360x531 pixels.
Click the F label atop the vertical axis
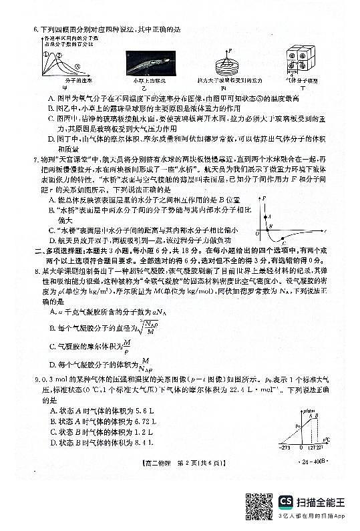tap(266, 199)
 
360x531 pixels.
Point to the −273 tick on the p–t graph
tap(286, 448)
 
